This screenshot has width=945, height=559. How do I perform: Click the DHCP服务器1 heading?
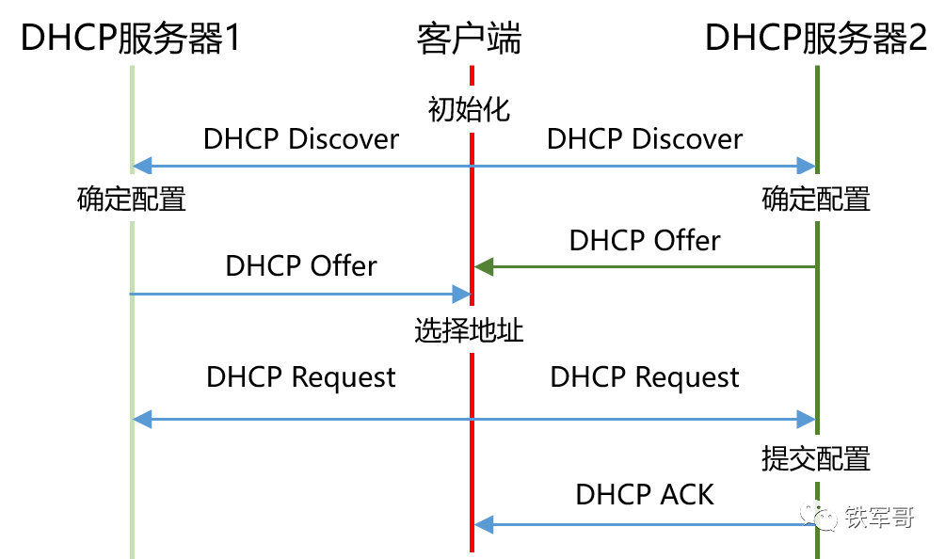click(132, 39)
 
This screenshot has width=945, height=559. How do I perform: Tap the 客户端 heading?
click(469, 39)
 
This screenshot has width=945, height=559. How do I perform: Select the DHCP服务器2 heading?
click(816, 39)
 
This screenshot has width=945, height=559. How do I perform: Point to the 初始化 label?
click(469, 109)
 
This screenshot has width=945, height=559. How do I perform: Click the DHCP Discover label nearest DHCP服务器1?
click(301, 139)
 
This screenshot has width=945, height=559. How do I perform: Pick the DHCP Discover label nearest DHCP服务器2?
click(645, 139)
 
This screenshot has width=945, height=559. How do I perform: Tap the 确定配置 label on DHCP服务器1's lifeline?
click(132, 200)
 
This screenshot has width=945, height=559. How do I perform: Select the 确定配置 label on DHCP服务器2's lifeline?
click(816, 200)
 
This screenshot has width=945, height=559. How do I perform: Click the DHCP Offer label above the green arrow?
click(645, 241)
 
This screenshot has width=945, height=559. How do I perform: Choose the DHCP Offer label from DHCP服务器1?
click(301, 266)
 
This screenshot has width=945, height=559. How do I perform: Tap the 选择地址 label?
click(469, 331)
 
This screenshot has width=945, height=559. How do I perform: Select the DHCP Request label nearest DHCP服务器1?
click(301, 377)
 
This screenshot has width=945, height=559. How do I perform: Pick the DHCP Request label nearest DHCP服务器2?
click(645, 377)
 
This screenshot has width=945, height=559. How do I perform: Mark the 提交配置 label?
click(816, 459)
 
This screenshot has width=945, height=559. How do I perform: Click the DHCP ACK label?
click(645, 494)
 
